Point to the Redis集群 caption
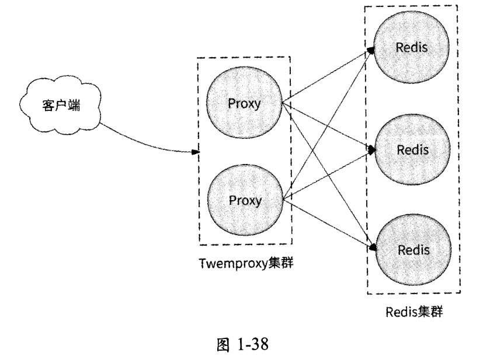413,310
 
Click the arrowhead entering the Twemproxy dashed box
196,153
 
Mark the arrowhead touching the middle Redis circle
371,150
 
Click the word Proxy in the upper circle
245,105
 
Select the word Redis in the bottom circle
413,250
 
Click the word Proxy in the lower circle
245,200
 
